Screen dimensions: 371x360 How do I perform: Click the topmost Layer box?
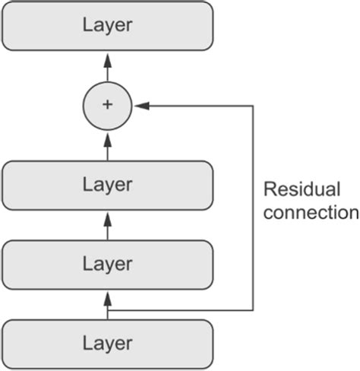click(107, 25)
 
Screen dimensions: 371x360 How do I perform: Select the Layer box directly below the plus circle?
click(107, 185)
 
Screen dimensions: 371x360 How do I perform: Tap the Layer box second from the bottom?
click(107, 264)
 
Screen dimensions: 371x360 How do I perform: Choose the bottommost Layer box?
click(107, 343)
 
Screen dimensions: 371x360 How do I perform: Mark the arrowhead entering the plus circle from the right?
click(139, 106)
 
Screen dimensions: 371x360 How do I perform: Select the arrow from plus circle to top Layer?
click(107, 67)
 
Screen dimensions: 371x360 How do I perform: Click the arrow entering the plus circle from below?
click(107, 146)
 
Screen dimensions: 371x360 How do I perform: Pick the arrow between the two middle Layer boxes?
click(107, 225)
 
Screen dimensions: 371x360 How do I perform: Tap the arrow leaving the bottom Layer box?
click(107, 304)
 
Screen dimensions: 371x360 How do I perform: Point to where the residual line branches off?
click(107, 310)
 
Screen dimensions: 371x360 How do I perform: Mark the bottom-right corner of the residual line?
click(251, 310)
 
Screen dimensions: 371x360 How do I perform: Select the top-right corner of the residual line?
click(251, 106)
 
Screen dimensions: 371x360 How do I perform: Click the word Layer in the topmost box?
click(107, 25)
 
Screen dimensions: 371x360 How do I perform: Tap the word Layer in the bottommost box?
click(107, 343)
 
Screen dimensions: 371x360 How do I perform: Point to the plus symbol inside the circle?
click(107, 105)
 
